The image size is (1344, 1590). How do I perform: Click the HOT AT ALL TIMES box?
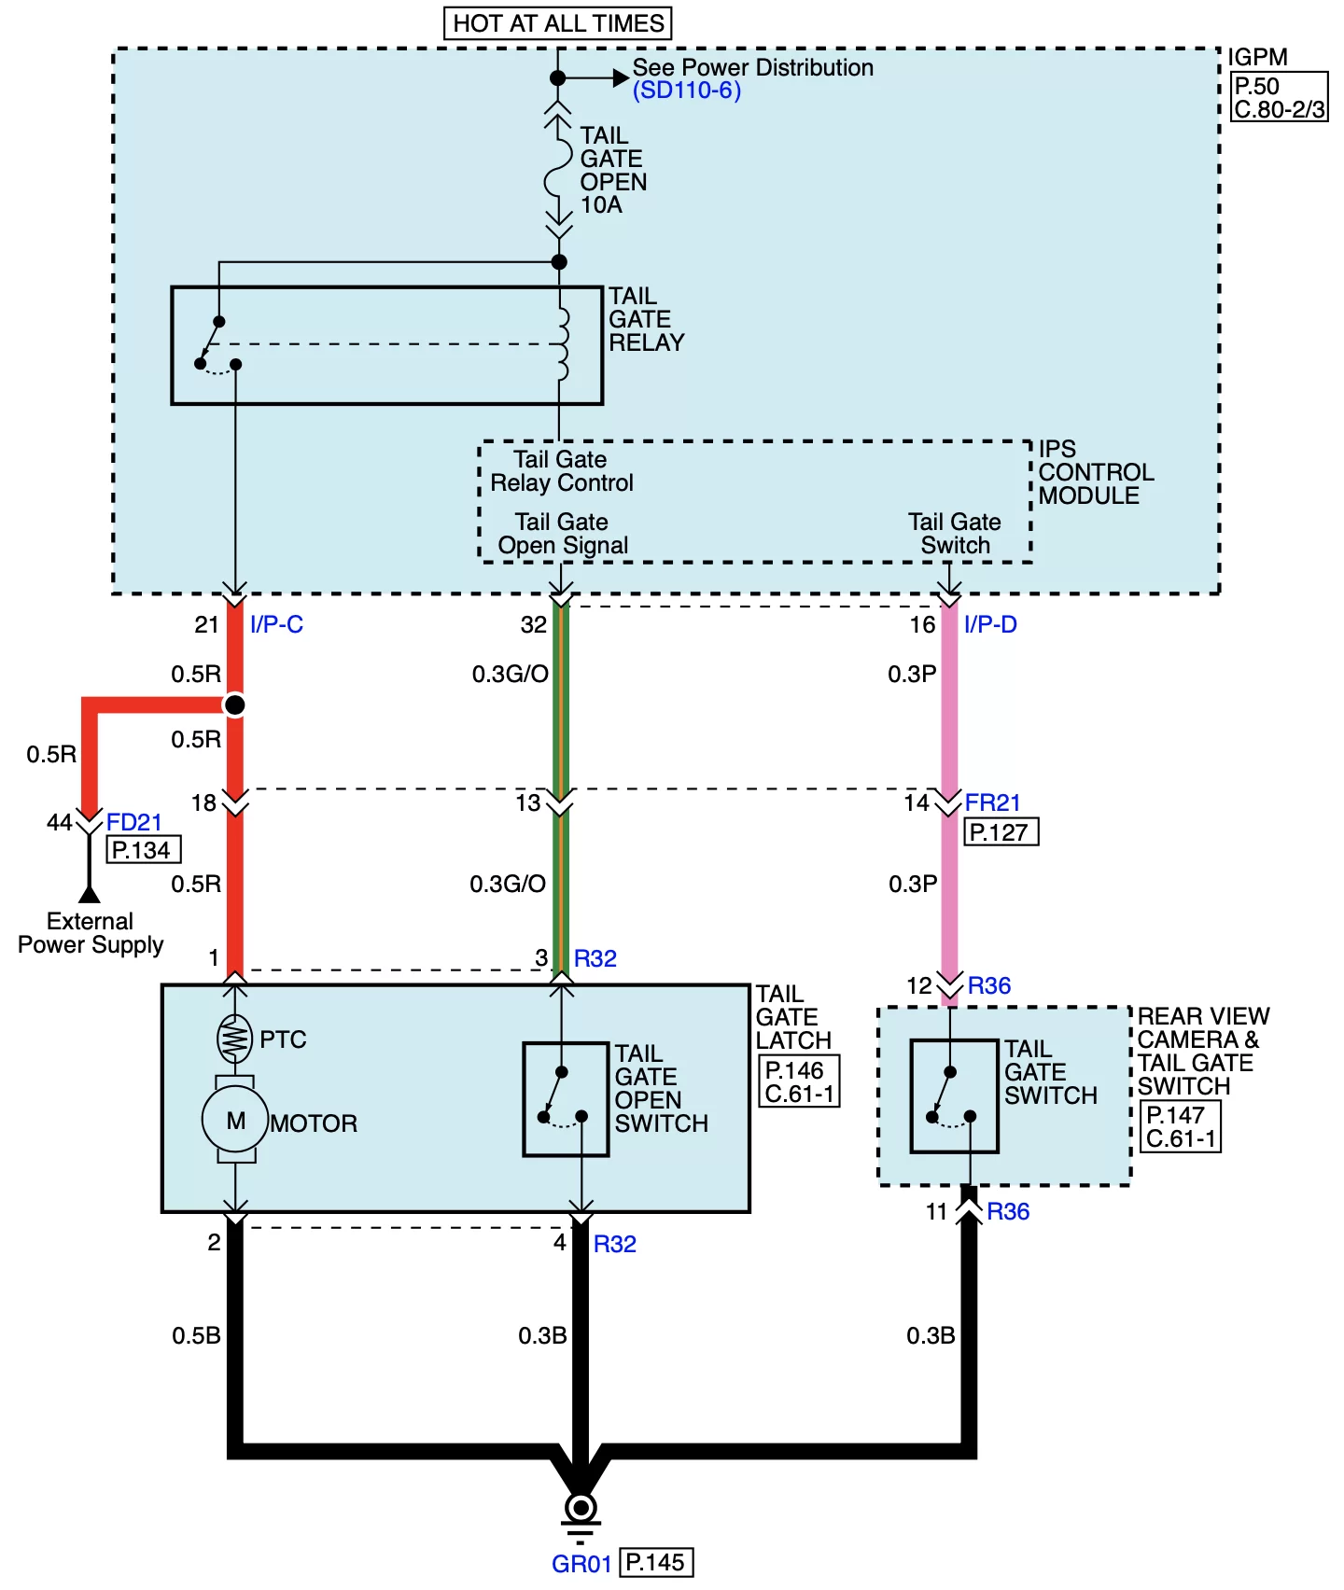[557, 23]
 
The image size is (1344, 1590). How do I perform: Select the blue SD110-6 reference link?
[686, 91]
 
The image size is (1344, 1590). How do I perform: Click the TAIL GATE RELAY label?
[645, 320]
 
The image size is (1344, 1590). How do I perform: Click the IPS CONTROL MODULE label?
[1095, 472]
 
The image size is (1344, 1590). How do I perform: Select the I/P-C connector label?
[276, 624]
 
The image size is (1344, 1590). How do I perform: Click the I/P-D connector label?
[990, 624]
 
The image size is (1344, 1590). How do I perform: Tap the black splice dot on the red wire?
[235, 704]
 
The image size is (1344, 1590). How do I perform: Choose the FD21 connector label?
[134, 822]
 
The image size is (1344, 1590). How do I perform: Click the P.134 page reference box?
[142, 850]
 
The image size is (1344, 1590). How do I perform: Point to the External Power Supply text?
[91, 933]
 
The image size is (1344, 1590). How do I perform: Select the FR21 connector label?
[992, 802]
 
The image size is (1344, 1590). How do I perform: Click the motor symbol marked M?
[235, 1120]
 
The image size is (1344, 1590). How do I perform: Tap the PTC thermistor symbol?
[234, 1039]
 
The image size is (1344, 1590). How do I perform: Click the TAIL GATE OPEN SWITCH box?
[566, 1099]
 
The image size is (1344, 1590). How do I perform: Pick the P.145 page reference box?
[656, 1562]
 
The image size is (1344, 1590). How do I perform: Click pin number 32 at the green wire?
[533, 624]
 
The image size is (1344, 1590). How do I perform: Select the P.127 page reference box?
[1000, 832]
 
